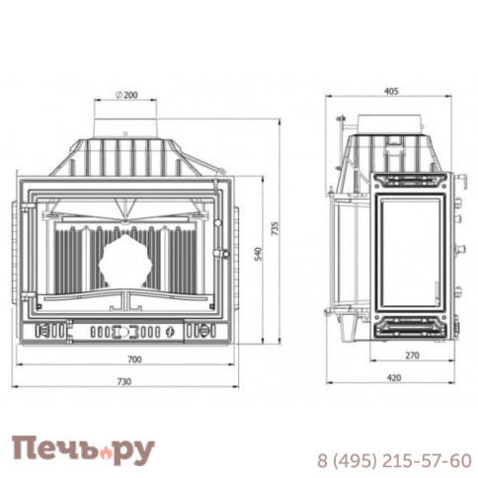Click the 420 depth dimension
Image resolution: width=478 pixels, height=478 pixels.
point(392,376)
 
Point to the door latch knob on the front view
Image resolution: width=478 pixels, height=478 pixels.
point(226,255)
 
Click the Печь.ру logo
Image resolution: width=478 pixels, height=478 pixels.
point(83,449)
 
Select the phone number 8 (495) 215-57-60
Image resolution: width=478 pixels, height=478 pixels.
point(393,460)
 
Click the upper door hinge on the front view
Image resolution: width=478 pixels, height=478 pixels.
point(19,211)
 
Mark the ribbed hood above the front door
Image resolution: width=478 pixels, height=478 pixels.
point(125,158)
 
